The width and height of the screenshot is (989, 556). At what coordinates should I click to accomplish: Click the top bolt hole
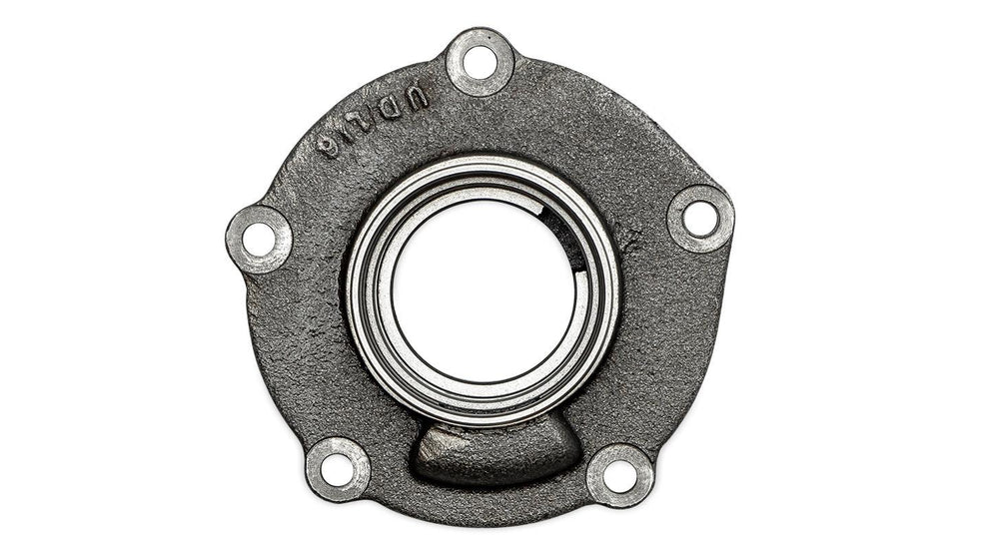(480, 62)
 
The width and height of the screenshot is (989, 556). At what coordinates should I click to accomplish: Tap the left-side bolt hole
(258, 239)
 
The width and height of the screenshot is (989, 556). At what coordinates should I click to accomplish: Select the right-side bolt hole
(699, 218)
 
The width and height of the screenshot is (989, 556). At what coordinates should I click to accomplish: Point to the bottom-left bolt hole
(337, 468)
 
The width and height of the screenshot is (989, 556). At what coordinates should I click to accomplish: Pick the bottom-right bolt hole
(619, 476)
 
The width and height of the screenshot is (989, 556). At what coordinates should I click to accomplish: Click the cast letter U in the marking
(419, 97)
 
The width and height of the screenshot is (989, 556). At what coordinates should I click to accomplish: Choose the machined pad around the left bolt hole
(240, 225)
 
